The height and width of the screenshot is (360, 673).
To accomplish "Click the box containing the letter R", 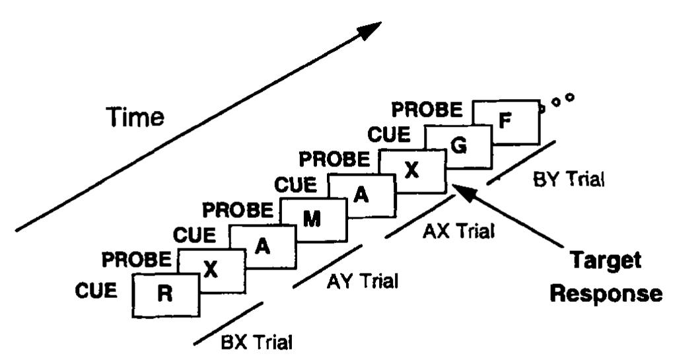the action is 166,295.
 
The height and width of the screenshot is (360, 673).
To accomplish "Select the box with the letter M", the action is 313,220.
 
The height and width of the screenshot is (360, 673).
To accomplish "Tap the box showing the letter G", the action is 459,147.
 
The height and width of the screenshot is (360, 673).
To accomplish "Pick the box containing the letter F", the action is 506,122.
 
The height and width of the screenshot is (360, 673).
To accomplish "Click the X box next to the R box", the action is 212,271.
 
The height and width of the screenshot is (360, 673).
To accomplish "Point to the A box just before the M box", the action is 263,247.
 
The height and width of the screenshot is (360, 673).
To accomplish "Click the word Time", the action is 135,117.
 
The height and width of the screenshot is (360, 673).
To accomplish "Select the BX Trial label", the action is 257,342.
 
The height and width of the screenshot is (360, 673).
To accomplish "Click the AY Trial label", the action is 363,281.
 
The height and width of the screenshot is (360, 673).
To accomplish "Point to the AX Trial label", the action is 458,231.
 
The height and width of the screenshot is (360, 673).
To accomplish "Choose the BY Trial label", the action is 569,178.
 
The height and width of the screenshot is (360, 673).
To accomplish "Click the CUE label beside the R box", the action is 96,291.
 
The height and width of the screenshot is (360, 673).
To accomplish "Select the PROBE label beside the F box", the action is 427,110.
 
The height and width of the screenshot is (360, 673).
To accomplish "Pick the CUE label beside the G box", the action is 389,135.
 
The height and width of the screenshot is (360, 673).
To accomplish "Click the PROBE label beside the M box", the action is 238,210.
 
